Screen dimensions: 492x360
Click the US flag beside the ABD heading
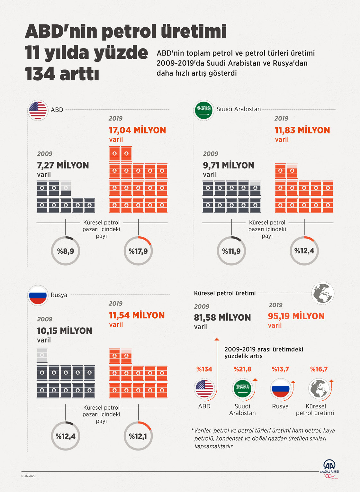pos(38,110)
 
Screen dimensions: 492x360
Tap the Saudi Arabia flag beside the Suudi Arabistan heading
pos(204,110)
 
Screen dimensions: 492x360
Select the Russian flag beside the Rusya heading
pos(38,295)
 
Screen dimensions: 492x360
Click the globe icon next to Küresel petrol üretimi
pos(323,293)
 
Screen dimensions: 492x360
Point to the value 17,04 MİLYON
pos(137,130)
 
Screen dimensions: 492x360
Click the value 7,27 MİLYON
pos(63,165)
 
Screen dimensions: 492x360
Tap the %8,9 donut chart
pos(66,251)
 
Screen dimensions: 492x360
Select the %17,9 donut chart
pos(138,251)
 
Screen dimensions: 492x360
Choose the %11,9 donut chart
pos(231,251)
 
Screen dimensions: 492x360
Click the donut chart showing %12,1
pos(138,436)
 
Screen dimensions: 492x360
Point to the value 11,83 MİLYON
pos(302,130)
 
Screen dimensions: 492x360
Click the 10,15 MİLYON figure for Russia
pos(64,331)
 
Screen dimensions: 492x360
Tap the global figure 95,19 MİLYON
pos(296,316)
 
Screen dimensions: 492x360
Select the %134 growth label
pos(204,369)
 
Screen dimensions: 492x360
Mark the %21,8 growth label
pos(242,369)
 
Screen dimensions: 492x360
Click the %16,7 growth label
pos(319,369)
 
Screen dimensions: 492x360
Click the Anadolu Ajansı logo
pos(329,467)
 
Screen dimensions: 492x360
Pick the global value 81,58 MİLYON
pos(222,317)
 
